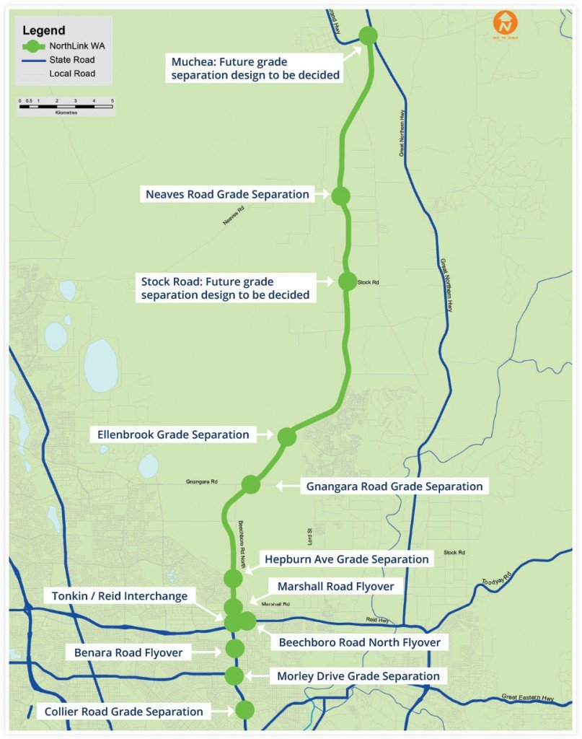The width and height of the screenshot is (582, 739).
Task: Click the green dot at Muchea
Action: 368,35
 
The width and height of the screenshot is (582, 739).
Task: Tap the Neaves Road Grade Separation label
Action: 227,194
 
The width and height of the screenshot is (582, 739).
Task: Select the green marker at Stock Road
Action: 348,281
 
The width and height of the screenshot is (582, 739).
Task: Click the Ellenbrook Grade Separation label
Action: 173,434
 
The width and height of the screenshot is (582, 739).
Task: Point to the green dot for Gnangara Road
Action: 250,484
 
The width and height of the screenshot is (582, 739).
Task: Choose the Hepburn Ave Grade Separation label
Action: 346,559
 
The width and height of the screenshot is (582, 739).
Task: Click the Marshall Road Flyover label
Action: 335,586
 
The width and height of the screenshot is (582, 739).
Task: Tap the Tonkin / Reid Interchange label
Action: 120,596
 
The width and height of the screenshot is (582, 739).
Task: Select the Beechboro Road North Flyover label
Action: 359,642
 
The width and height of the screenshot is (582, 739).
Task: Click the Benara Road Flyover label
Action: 128,653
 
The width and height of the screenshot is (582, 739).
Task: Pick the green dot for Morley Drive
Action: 234,676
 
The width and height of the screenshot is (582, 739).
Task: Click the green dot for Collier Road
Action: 244,710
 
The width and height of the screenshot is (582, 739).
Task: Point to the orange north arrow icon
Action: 505,23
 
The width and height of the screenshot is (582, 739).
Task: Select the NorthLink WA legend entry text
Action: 72,46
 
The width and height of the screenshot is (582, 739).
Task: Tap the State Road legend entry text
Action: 72,60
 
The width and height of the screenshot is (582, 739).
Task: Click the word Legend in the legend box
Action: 44,30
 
